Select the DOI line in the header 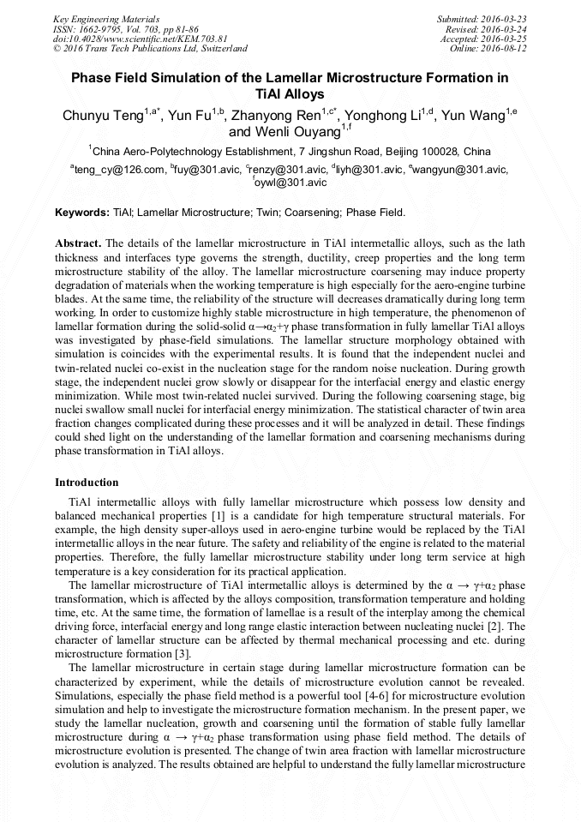click(140, 39)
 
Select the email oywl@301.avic click(291, 183)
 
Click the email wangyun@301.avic click(461, 170)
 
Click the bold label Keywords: click(82, 212)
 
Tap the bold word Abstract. click(79, 243)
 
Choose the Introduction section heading click(87, 483)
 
